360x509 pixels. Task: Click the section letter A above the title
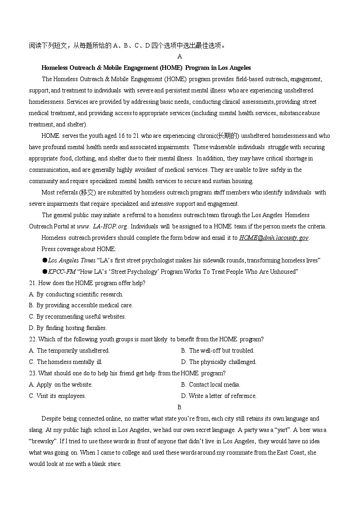point(180,57)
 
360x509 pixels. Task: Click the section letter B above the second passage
point(180,407)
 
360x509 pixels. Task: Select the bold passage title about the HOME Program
point(146,68)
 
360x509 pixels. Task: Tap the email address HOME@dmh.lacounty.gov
point(274,238)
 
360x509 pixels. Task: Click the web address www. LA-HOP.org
point(102,226)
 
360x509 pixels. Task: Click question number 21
point(33,283)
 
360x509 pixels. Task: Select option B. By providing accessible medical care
point(81,305)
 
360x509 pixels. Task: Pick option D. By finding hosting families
point(68,328)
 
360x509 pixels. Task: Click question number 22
point(33,339)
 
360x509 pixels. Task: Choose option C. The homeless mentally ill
point(66,362)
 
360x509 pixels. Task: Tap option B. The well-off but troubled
point(217,351)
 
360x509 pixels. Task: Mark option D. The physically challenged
point(219,362)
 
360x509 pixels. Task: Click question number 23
point(33,373)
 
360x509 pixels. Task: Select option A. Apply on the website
point(61,385)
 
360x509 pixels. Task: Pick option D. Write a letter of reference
point(219,396)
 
